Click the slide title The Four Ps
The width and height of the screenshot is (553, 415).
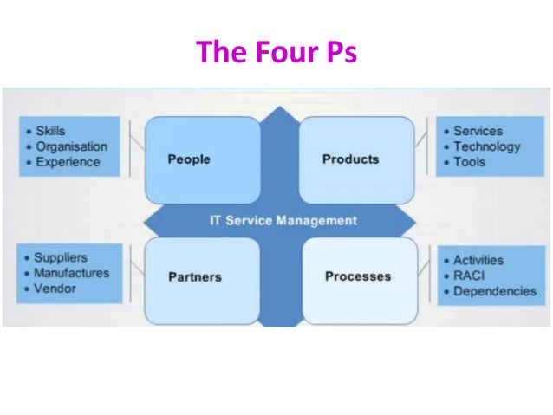(276, 53)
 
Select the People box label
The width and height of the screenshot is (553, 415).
(189, 159)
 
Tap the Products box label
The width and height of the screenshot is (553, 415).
(350, 159)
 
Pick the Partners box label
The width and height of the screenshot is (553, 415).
(195, 277)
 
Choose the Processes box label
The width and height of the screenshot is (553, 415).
(358, 276)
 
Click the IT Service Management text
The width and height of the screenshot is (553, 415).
(283, 220)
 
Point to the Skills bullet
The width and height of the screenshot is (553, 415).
(50, 131)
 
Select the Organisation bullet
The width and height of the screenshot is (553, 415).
(71, 146)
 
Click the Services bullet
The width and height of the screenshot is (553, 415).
(478, 131)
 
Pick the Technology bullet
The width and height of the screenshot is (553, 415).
(487, 146)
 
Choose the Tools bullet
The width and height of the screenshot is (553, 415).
(470, 162)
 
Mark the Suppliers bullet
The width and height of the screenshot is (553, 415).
(61, 257)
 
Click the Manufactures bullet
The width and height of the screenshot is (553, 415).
(72, 273)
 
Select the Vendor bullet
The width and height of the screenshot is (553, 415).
(55, 289)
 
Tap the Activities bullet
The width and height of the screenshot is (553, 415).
(478, 260)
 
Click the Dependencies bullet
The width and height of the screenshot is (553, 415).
(495, 291)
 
